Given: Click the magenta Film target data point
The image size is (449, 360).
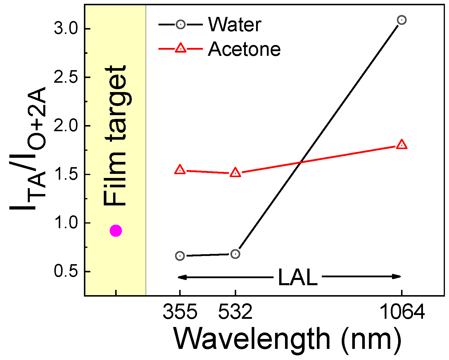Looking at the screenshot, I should point(116,231).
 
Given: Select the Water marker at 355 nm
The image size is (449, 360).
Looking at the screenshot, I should point(180,256).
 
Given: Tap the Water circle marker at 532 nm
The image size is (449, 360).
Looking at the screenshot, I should point(235,254).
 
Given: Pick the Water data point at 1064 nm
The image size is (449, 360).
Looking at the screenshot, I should point(402,20).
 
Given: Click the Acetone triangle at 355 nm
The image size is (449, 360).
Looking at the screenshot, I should point(180,170).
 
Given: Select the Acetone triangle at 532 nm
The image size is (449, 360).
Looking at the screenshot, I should point(235,173).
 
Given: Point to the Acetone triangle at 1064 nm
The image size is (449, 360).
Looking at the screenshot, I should point(402,144).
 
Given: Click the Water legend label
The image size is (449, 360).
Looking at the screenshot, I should point(234,25).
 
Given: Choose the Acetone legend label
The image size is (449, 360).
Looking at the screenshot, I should point(244,49).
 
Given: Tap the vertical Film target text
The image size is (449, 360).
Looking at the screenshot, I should point(115,136).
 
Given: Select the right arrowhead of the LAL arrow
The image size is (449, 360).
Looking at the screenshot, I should point(398,277).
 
